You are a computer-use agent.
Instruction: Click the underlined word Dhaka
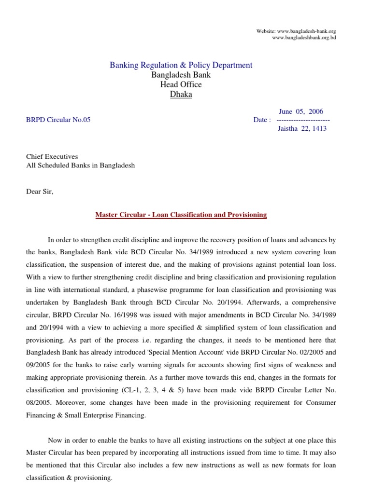tap(181, 95)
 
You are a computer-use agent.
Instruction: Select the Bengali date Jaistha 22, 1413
tap(302, 129)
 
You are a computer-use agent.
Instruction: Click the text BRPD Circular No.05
tap(58, 120)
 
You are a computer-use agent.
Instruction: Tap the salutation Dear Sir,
tap(40, 192)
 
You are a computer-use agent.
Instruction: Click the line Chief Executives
tap(52, 157)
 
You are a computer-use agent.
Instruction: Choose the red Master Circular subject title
tap(181, 215)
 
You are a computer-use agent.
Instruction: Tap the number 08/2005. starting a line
tap(39, 403)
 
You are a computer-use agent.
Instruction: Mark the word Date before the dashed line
tap(261, 120)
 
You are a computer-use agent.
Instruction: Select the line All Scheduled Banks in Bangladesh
tap(80, 165)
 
